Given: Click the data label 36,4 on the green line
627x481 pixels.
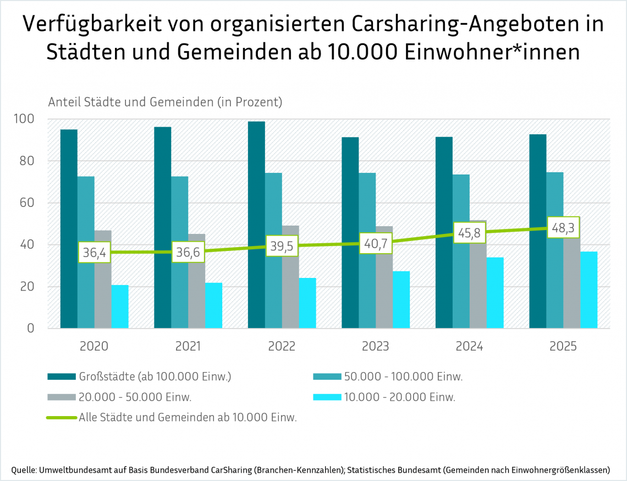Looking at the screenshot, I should click(x=94, y=253).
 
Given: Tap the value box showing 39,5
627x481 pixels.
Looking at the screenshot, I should click(x=282, y=246).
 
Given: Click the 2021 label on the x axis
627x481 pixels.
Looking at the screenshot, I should click(x=188, y=347).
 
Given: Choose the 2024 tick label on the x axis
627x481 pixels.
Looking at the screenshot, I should click(x=469, y=347).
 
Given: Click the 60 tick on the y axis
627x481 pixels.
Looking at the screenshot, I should click(x=26, y=203).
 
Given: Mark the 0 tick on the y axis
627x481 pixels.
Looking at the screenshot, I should click(x=31, y=329).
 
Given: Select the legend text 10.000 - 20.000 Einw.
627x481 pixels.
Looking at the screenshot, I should click(x=400, y=397).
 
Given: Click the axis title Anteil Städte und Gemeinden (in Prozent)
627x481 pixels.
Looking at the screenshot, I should click(x=165, y=102).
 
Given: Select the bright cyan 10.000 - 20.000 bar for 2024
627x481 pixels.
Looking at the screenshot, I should click(x=495, y=293).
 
